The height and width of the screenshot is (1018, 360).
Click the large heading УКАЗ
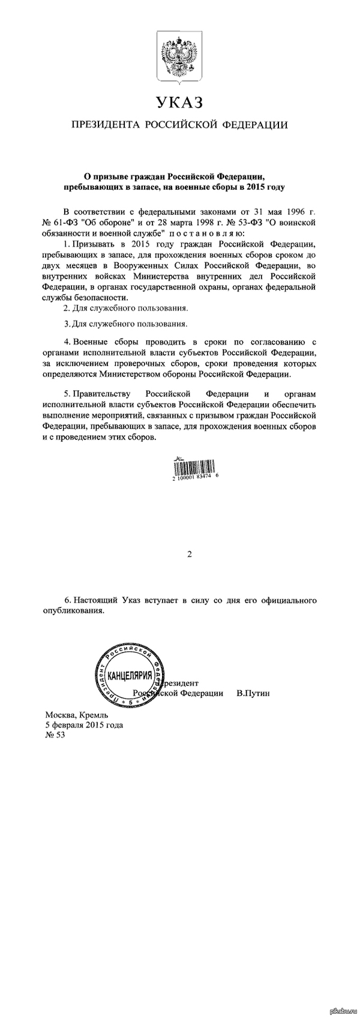tap(179, 103)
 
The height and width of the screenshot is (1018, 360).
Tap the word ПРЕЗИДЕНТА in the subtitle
tap(106, 125)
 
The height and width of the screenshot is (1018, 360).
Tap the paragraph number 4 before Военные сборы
tap(65, 341)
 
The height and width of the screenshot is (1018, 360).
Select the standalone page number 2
tap(189, 555)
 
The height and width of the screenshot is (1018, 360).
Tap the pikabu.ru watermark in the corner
tap(342, 1011)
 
